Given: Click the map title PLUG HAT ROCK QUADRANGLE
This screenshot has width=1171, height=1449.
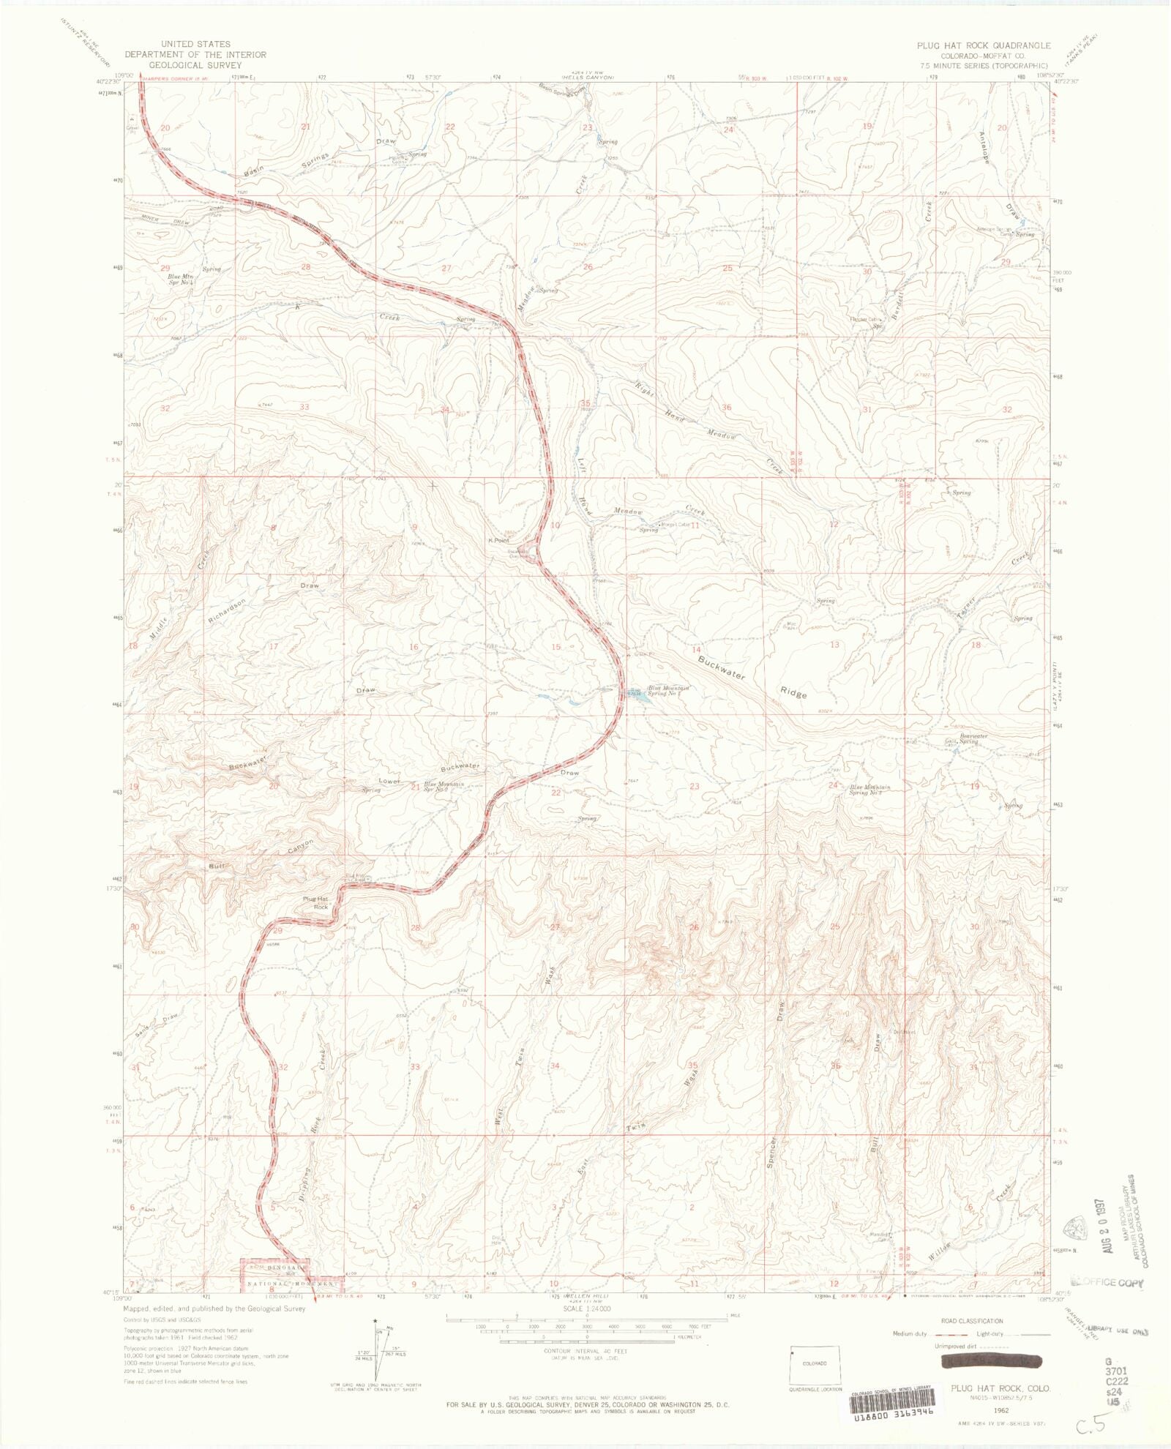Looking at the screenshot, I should (x=984, y=45).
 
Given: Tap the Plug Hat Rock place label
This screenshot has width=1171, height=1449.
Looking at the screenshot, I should (x=315, y=902).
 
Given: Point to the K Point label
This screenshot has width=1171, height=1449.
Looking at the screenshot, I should (x=499, y=540).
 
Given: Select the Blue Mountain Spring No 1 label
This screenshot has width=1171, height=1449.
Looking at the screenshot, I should (x=667, y=690).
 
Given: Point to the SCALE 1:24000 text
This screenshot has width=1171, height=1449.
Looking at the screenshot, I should (x=587, y=1308).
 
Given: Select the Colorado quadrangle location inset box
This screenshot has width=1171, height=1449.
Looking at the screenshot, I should (x=815, y=1363).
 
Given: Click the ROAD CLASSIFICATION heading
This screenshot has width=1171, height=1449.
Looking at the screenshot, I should (x=971, y=1321).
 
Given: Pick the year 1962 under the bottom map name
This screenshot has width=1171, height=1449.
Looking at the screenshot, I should (x=1000, y=1409).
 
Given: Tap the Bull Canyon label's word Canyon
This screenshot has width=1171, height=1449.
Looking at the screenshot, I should (x=300, y=847).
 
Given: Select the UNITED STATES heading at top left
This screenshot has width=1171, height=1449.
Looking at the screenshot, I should (x=195, y=44).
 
